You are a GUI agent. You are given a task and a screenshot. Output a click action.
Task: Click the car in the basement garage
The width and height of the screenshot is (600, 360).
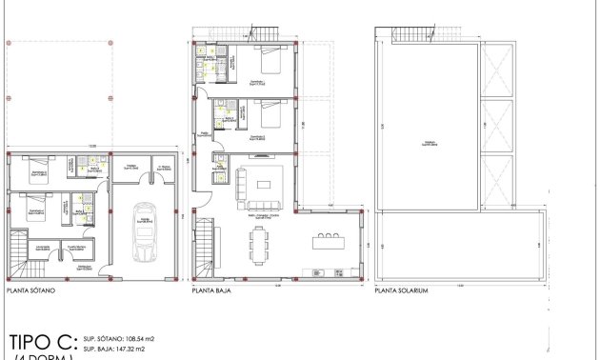145,233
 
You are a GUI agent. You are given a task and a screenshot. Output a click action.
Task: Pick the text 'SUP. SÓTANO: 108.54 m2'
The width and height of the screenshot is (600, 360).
119,338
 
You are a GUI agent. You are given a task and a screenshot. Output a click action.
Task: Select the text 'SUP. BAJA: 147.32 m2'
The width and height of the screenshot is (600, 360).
114,350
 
